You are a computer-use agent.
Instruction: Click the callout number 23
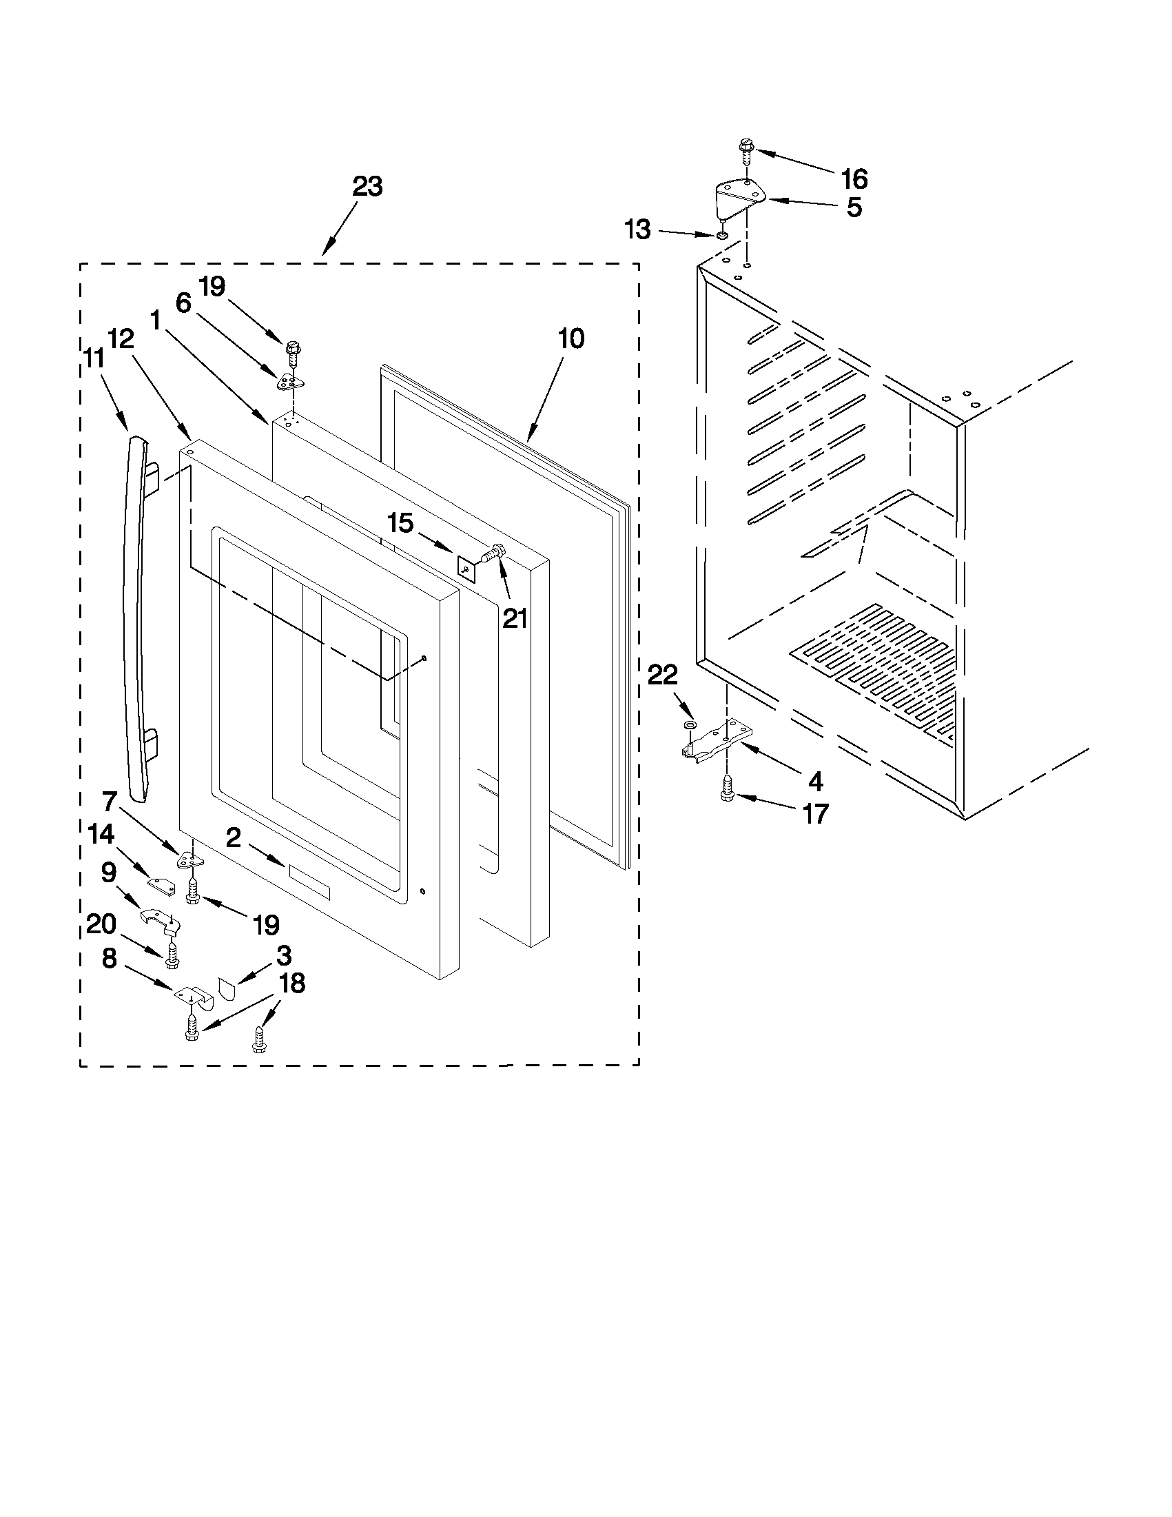click(x=367, y=187)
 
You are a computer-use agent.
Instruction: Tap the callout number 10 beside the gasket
click(x=571, y=338)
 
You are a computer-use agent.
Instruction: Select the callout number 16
click(x=854, y=179)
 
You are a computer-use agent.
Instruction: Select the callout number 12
click(x=120, y=338)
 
